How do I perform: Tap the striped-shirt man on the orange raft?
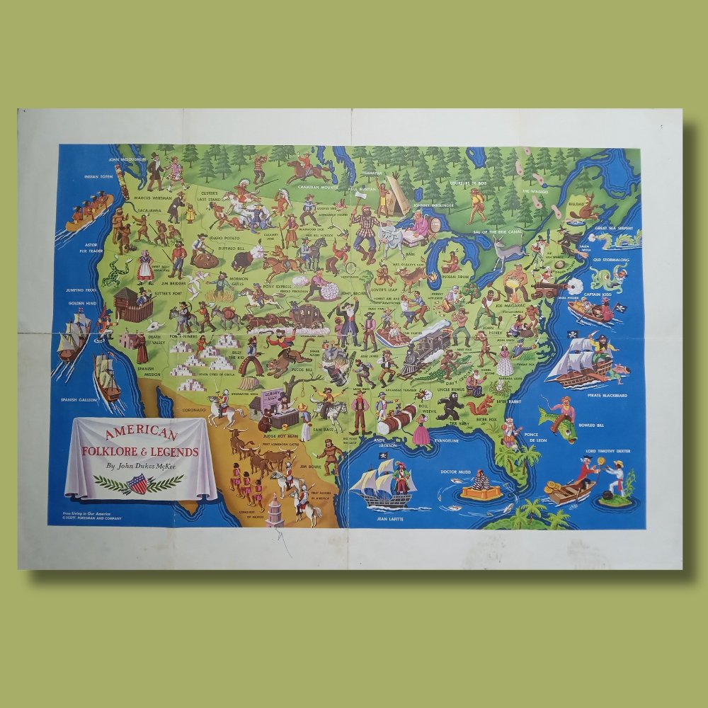[x=481, y=482]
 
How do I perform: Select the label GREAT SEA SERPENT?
[x=611, y=228]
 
